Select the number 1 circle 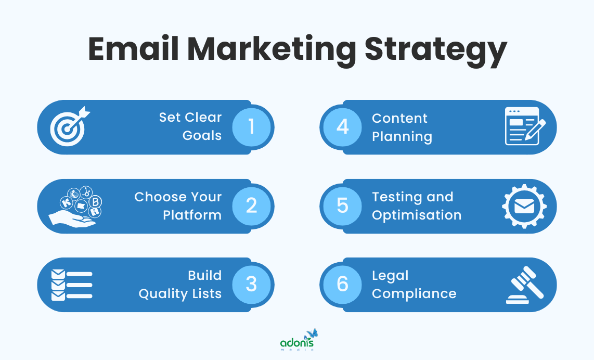click(x=251, y=126)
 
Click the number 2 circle click(x=251, y=205)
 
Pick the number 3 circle click(x=251, y=284)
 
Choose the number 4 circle click(x=342, y=126)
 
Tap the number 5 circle click(x=342, y=205)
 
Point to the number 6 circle click(x=342, y=284)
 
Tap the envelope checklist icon click(x=71, y=285)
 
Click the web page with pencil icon click(x=525, y=126)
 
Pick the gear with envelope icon click(x=524, y=206)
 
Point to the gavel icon click(x=524, y=285)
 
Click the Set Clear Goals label click(x=190, y=126)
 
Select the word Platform click(x=192, y=215)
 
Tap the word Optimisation click(x=417, y=215)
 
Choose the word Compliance click(x=414, y=293)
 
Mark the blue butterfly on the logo click(x=312, y=333)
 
